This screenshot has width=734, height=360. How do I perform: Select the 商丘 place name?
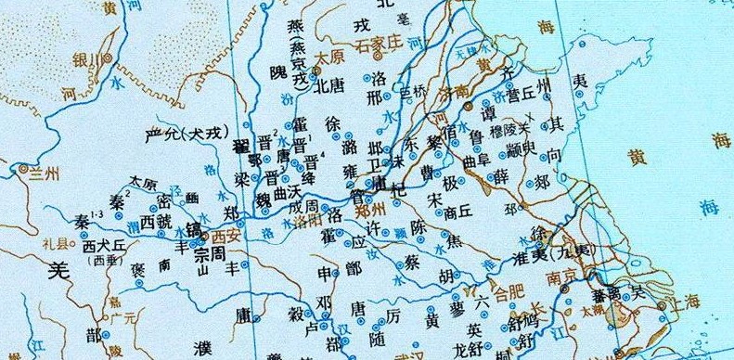(x=459, y=212)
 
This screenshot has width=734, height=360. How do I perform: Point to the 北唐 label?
(x=329, y=87)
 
